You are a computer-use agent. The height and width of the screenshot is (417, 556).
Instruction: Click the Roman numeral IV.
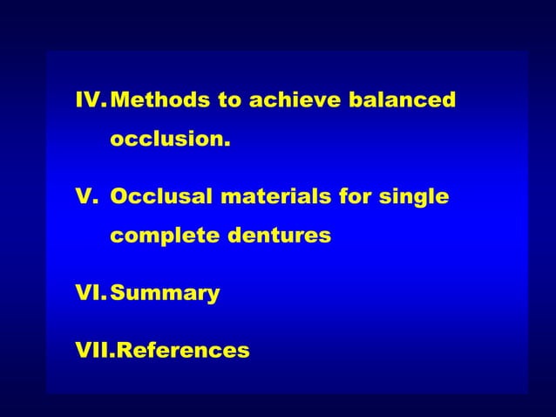point(91,100)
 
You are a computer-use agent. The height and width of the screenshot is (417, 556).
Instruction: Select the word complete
point(165,236)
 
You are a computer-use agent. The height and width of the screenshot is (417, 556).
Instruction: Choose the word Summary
point(165,294)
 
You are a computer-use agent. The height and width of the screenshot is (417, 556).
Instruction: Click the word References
point(182,351)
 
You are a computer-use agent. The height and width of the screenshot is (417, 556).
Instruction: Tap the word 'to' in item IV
point(230,100)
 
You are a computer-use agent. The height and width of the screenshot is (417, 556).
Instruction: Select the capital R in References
point(123,351)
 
